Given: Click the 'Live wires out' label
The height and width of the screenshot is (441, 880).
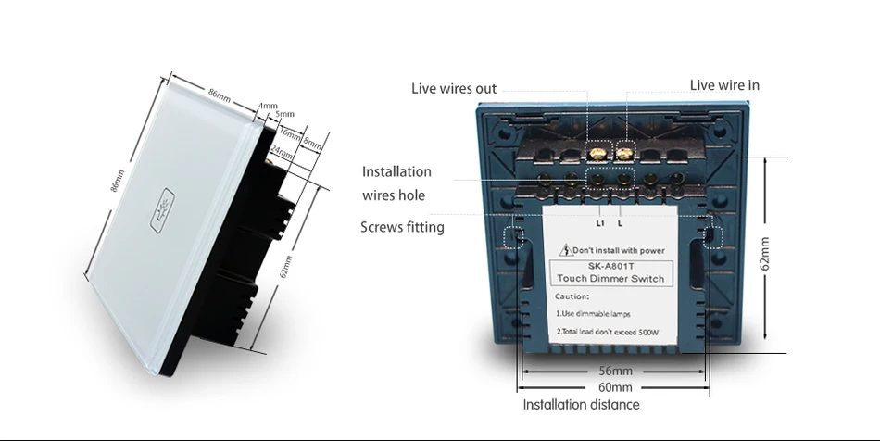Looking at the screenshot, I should click(454, 89).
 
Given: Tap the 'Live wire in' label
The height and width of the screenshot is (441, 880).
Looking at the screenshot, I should click(724, 85).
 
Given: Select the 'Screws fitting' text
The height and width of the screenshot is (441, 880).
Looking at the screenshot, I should click(402, 227).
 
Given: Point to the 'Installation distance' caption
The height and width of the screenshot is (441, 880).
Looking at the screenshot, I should click(581, 405).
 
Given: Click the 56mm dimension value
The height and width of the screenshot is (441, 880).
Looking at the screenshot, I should click(615, 372).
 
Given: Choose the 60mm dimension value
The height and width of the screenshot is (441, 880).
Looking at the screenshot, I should click(615, 387).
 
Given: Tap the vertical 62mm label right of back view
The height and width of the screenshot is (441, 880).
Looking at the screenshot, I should click(765, 255).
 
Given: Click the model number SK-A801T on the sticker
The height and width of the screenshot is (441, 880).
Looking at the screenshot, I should click(608, 266).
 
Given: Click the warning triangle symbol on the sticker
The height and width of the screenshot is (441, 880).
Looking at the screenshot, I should click(563, 250).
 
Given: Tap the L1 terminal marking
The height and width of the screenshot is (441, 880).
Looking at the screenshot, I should click(599, 223).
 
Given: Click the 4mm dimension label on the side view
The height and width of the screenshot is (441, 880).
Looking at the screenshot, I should click(268, 106).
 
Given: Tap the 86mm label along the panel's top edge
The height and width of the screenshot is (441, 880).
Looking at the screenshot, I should click(220, 94).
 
